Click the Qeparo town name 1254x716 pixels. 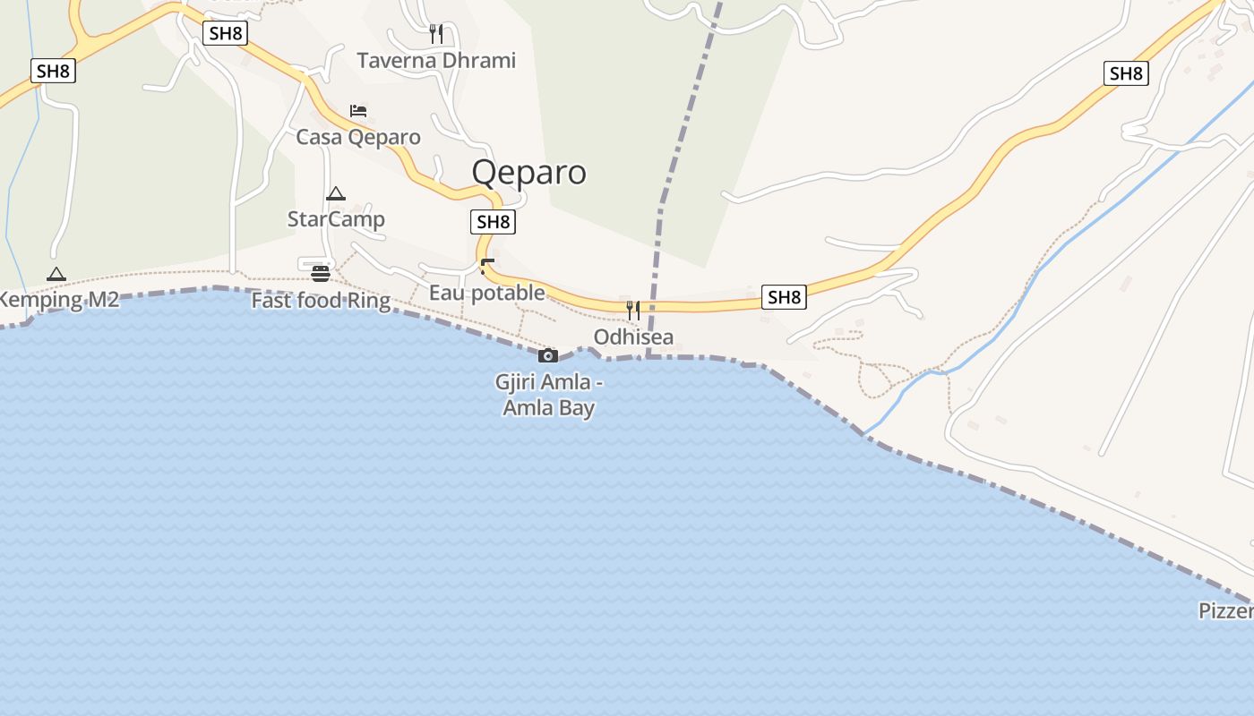(528, 172)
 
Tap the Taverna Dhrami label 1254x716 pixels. (436, 61)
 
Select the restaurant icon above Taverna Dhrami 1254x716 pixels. (436, 34)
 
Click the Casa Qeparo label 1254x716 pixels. (358, 137)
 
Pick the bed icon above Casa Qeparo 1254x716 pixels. (358, 111)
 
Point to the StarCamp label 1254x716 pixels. (336, 219)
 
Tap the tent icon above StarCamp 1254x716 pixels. (336, 193)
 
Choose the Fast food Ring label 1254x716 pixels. (321, 300)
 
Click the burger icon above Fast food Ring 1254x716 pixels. (321, 273)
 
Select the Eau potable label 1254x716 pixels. (486, 293)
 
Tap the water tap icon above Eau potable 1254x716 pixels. (487, 266)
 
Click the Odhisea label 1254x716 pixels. (633, 337)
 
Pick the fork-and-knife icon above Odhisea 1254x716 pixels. (633, 311)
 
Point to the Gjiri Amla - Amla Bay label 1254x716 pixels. (549, 395)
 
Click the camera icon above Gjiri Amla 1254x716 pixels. (548, 355)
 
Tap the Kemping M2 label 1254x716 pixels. (59, 300)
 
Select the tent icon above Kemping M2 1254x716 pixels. (56, 274)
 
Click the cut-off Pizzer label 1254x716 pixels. (1226, 610)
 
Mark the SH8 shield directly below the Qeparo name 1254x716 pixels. (493, 222)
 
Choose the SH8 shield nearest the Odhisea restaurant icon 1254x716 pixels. (784, 297)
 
